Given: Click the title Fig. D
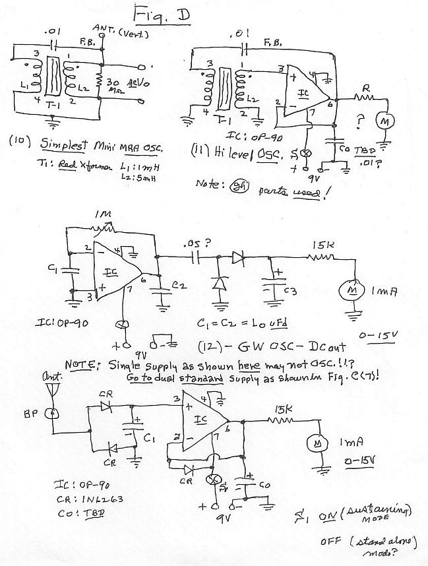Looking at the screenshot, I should point(161,15).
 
